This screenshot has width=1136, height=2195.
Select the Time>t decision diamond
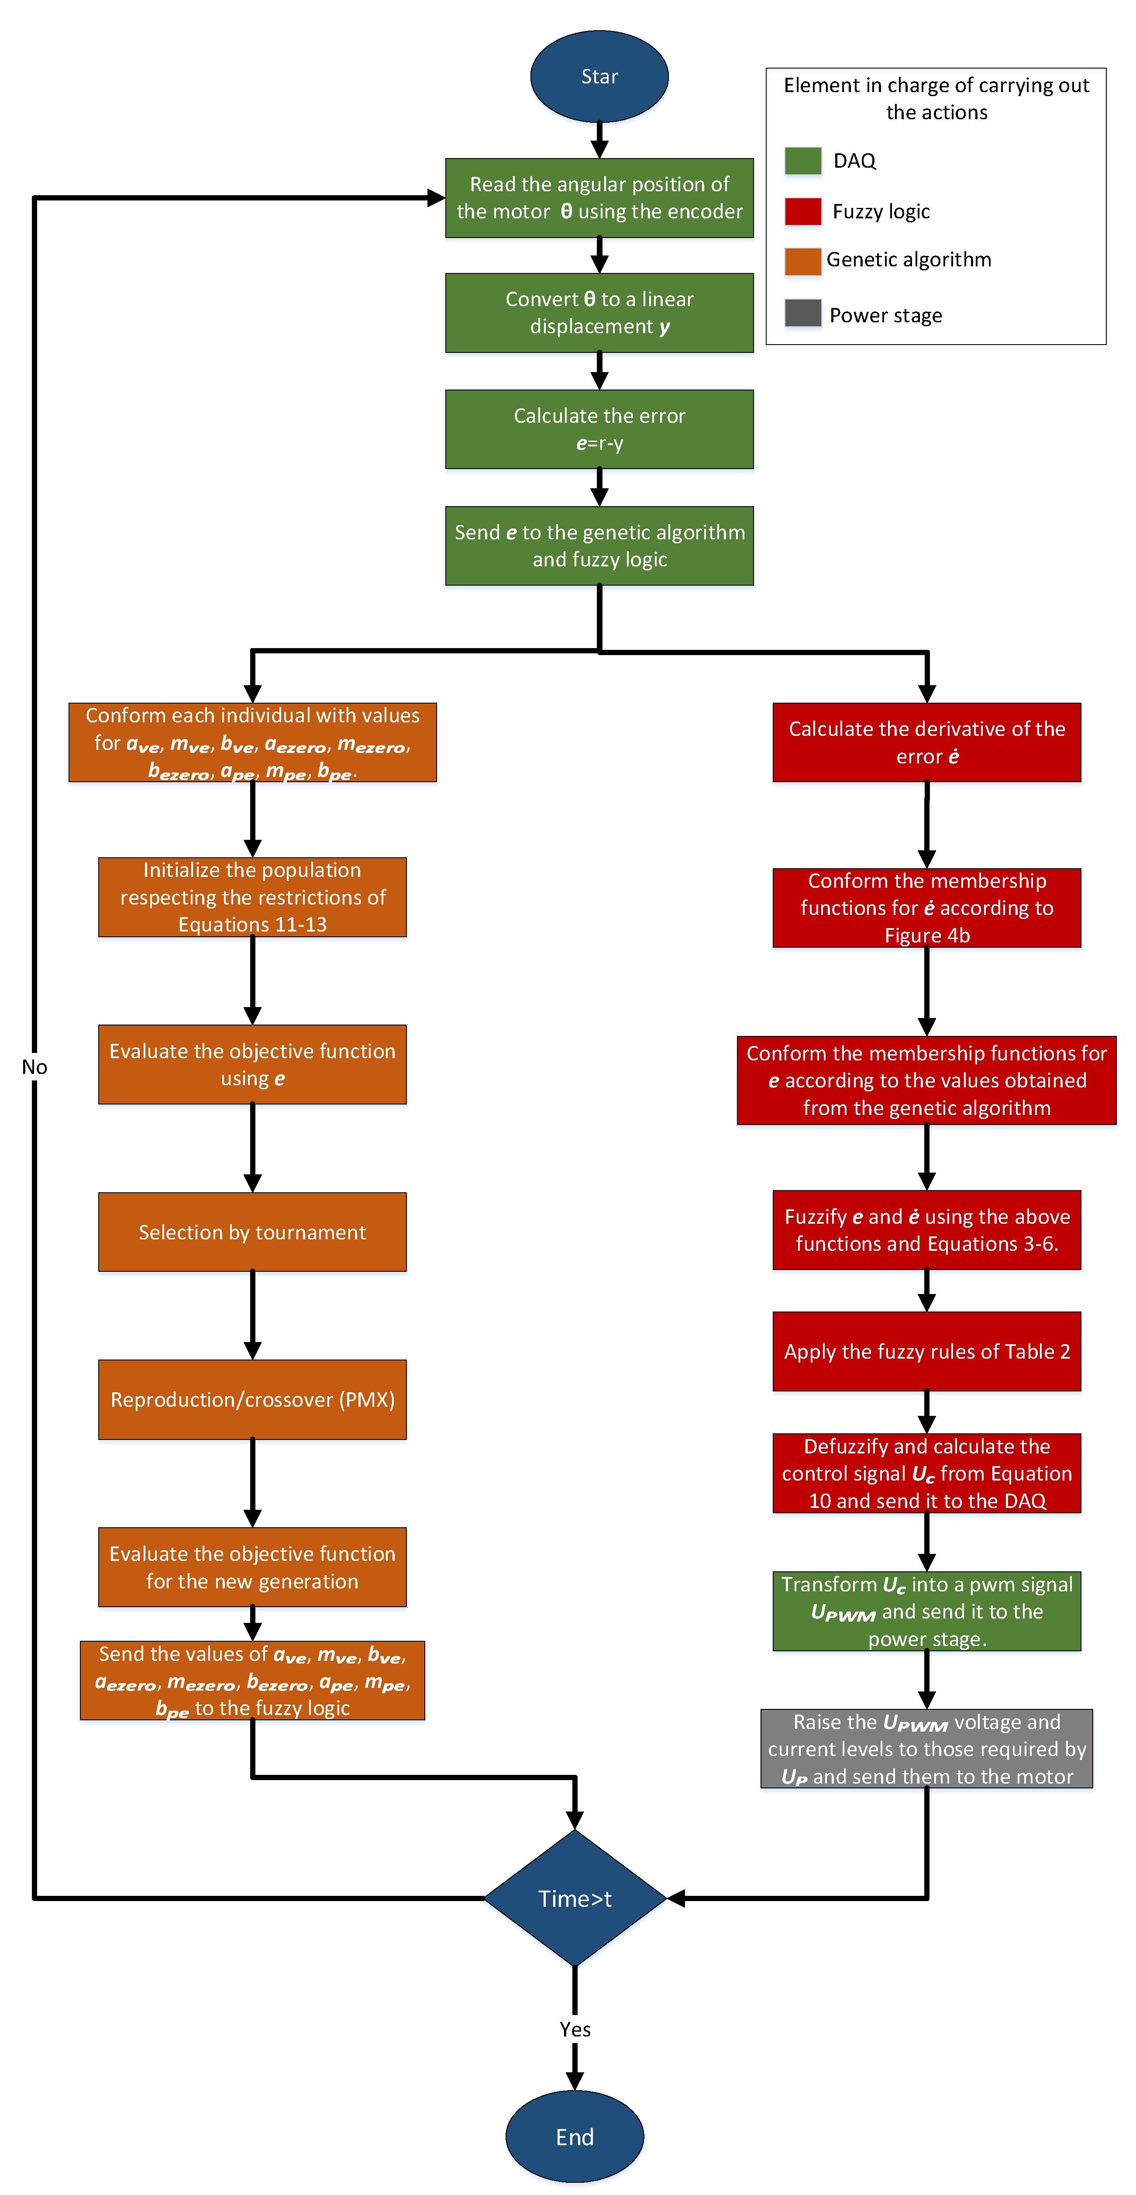click(x=575, y=1898)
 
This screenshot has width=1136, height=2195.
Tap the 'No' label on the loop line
click(x=34, y=1067)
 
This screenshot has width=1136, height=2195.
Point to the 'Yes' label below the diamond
click(x=575, y=2029)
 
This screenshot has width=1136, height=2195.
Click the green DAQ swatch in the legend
click(x=802, y=160)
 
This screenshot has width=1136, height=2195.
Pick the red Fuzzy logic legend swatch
click(x=802, y=211)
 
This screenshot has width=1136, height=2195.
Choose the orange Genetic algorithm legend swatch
click(x=802, y=261)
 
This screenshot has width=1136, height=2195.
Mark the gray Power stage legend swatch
click(x=802, y=314)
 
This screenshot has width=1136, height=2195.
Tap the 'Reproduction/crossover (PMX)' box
click(x=252, y=1399)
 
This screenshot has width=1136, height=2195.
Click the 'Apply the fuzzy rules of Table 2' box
click(x=926, y=1351)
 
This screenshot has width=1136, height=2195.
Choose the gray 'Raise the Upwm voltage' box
click(x=926, y=1749)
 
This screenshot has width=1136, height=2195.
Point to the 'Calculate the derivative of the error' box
click(x=926, y=742)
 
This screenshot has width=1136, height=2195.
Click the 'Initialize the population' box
click(x=252, y=897)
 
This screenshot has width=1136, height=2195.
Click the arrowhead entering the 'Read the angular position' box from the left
click(x=436, y=199)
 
